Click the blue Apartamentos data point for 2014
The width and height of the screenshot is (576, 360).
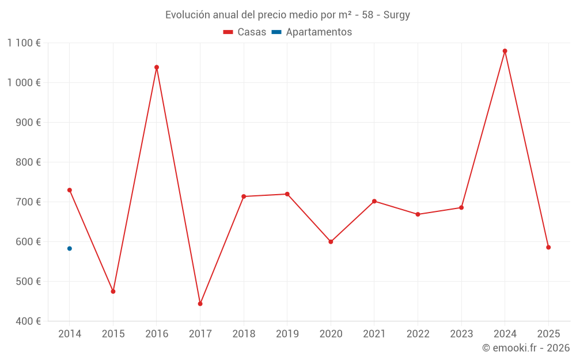tap(70, 248)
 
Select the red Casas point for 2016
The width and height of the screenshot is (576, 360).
tap(157, 67)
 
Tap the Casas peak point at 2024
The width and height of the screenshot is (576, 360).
tap(505, 51)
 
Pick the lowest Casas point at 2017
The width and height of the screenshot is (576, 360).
tap(200, 304)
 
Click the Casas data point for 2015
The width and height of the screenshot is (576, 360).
tap(113, 291)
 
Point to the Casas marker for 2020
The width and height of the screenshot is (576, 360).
tap(331, 242)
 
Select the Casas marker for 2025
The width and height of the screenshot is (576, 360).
tap(548, 247)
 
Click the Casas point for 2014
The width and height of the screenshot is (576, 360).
tap(70, 190)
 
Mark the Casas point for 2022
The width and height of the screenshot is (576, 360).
tap(418, 214)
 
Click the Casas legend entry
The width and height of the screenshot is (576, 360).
tap(245, 32)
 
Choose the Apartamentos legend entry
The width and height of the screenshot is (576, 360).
tap(312, 32)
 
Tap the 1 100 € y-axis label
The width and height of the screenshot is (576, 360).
tap(24, 43)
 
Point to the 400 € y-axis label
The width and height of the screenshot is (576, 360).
tap(29, 321)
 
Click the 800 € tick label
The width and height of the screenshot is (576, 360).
tap(29, 162)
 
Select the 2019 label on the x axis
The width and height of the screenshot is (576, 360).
tap(287, 334)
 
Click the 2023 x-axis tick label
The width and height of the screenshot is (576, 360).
tap(461, 334)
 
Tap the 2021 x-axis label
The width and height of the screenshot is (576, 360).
tap(374, 334)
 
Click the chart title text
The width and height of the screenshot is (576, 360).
tap(287, 15)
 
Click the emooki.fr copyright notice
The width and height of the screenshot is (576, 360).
tap(525, 348)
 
